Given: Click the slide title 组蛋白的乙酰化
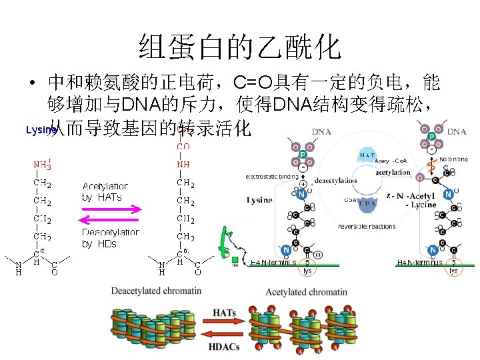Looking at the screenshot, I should pyautogui.click(x=240, y=47).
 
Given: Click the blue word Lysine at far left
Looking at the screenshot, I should pyautogui.click(x=39, y=130).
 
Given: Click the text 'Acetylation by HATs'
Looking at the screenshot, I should pyautogui.click(x=105, y=192).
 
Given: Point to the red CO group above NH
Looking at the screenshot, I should pyautogui.click(x=183, y=146).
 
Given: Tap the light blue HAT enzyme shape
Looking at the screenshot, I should pyautogui.click(x=371, y=155).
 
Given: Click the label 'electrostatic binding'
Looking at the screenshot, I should pyautogui.click(x=272, y=177).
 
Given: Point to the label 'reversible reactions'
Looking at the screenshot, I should pyautogui.click(x=367, y=227).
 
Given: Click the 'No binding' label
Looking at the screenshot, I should pyautogui.click(x=453, y=159).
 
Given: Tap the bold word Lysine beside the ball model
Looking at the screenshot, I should pyautogui.click(x=259, y=200).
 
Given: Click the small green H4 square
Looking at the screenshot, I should pyautogui.click(x=234, y=259).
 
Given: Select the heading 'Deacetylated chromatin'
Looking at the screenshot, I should pyautogui.click(x=156, y=291).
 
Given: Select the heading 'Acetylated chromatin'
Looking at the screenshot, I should pyautogui.click(x=306, y=292).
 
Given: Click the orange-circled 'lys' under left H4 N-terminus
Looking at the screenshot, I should pyautogui.click(x=307, y=269).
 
